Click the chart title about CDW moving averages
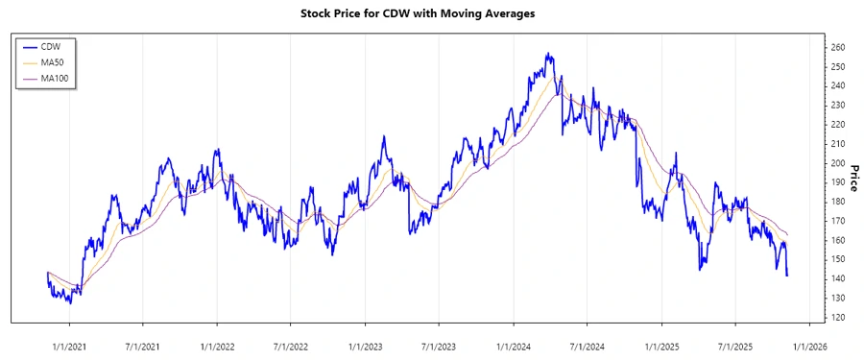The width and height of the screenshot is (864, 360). click(x=431, y=13)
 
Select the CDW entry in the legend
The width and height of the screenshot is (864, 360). click(x=52, y=45)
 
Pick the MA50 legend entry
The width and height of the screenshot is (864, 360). click(x=54, y=61)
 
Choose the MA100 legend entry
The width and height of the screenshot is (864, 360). click(x=56, y=78)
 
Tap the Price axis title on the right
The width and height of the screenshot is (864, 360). click(x=852, y=177)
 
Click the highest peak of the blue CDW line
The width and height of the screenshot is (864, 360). click(x=547, y=54)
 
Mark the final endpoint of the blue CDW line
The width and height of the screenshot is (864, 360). click(x=787, y=276)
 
